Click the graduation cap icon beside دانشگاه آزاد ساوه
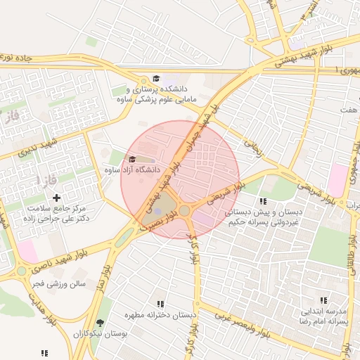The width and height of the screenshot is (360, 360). point(132,159)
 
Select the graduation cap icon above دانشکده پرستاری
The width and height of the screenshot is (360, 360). point(156,79)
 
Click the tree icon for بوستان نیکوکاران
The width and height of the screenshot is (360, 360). point(101,324)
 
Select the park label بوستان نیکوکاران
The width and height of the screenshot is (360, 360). point(100,336)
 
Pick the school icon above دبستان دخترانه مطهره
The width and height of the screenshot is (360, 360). point(161,304)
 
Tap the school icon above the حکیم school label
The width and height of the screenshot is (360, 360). point(263,201)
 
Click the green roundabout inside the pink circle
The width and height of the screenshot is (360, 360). point(185,210)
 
